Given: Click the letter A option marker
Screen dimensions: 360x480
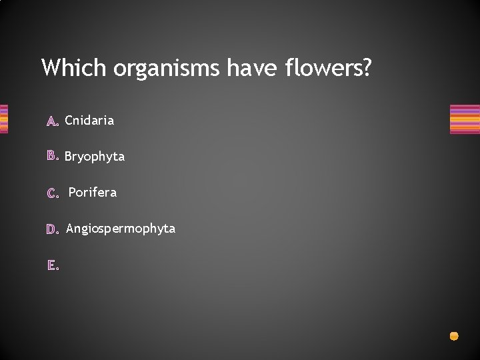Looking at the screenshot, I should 53,121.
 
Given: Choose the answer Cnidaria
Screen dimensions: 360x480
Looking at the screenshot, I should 89,121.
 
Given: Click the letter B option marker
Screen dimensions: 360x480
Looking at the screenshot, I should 53,157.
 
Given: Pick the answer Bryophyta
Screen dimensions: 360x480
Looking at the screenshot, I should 95,157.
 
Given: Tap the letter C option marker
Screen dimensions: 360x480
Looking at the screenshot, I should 53,193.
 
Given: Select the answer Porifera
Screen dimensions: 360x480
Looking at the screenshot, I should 93,193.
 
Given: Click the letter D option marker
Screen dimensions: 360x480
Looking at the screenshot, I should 53,229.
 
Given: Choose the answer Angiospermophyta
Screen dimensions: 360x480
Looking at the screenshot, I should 121,229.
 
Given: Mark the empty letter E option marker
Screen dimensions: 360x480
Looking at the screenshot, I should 53,265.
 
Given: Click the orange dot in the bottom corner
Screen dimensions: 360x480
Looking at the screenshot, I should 454,336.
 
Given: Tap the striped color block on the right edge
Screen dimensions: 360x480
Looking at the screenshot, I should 465,119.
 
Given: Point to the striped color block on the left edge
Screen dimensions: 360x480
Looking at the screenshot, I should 3,119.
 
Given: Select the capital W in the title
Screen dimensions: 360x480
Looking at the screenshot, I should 51,67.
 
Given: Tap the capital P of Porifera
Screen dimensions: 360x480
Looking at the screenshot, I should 73,193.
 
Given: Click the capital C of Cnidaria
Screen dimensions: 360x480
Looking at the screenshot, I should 69,121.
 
